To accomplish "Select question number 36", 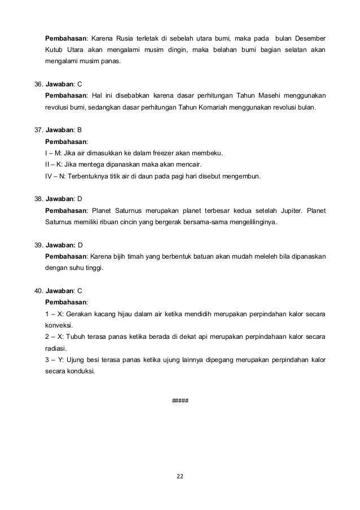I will coord(38,83).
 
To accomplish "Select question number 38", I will coord(38,199).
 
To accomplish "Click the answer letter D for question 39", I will coord(80,246).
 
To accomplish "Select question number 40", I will coord(38,291).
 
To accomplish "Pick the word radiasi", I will coord(56,348).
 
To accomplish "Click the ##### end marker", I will coord(179,400).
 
